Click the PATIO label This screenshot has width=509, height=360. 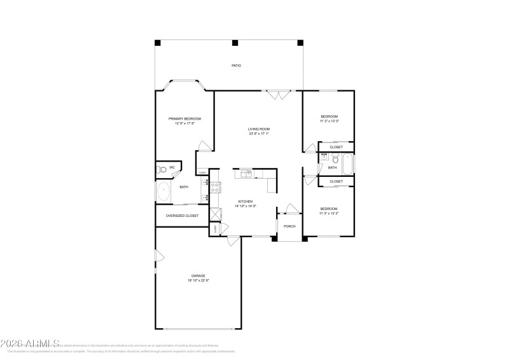click(236, 66)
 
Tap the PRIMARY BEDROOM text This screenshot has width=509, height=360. click(185, 119)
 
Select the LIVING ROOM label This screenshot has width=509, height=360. click(259, 129)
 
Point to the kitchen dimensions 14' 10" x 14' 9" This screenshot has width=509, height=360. click(246, 206)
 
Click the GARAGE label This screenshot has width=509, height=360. click(199, 275)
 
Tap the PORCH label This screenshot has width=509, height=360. click(289, 226)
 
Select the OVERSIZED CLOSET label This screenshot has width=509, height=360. click(182, 216)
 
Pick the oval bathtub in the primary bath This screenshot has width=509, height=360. click(163, 191)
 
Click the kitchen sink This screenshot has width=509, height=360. click(245, 173)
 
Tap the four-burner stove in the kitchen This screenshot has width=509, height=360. click(215, 188)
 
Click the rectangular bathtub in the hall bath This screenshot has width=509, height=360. click(347, 164)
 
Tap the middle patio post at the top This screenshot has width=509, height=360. click(235, 43)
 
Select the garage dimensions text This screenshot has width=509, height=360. click(199, 280)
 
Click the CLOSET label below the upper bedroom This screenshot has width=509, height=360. click(336, 147)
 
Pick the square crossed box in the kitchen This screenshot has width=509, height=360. click(214, 214)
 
